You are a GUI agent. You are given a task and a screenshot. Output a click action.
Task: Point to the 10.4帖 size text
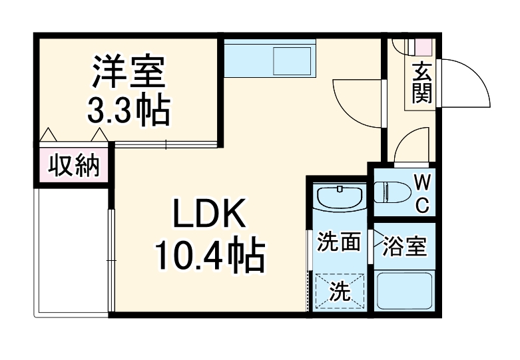coord(210,255)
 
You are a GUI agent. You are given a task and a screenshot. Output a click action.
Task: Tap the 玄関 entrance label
coord(421,83)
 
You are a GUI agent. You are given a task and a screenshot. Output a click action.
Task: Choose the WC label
coord(421,193)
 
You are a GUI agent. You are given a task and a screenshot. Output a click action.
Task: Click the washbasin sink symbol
coord(338,198)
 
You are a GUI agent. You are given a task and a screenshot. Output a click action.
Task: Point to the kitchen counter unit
coord(269,59)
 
